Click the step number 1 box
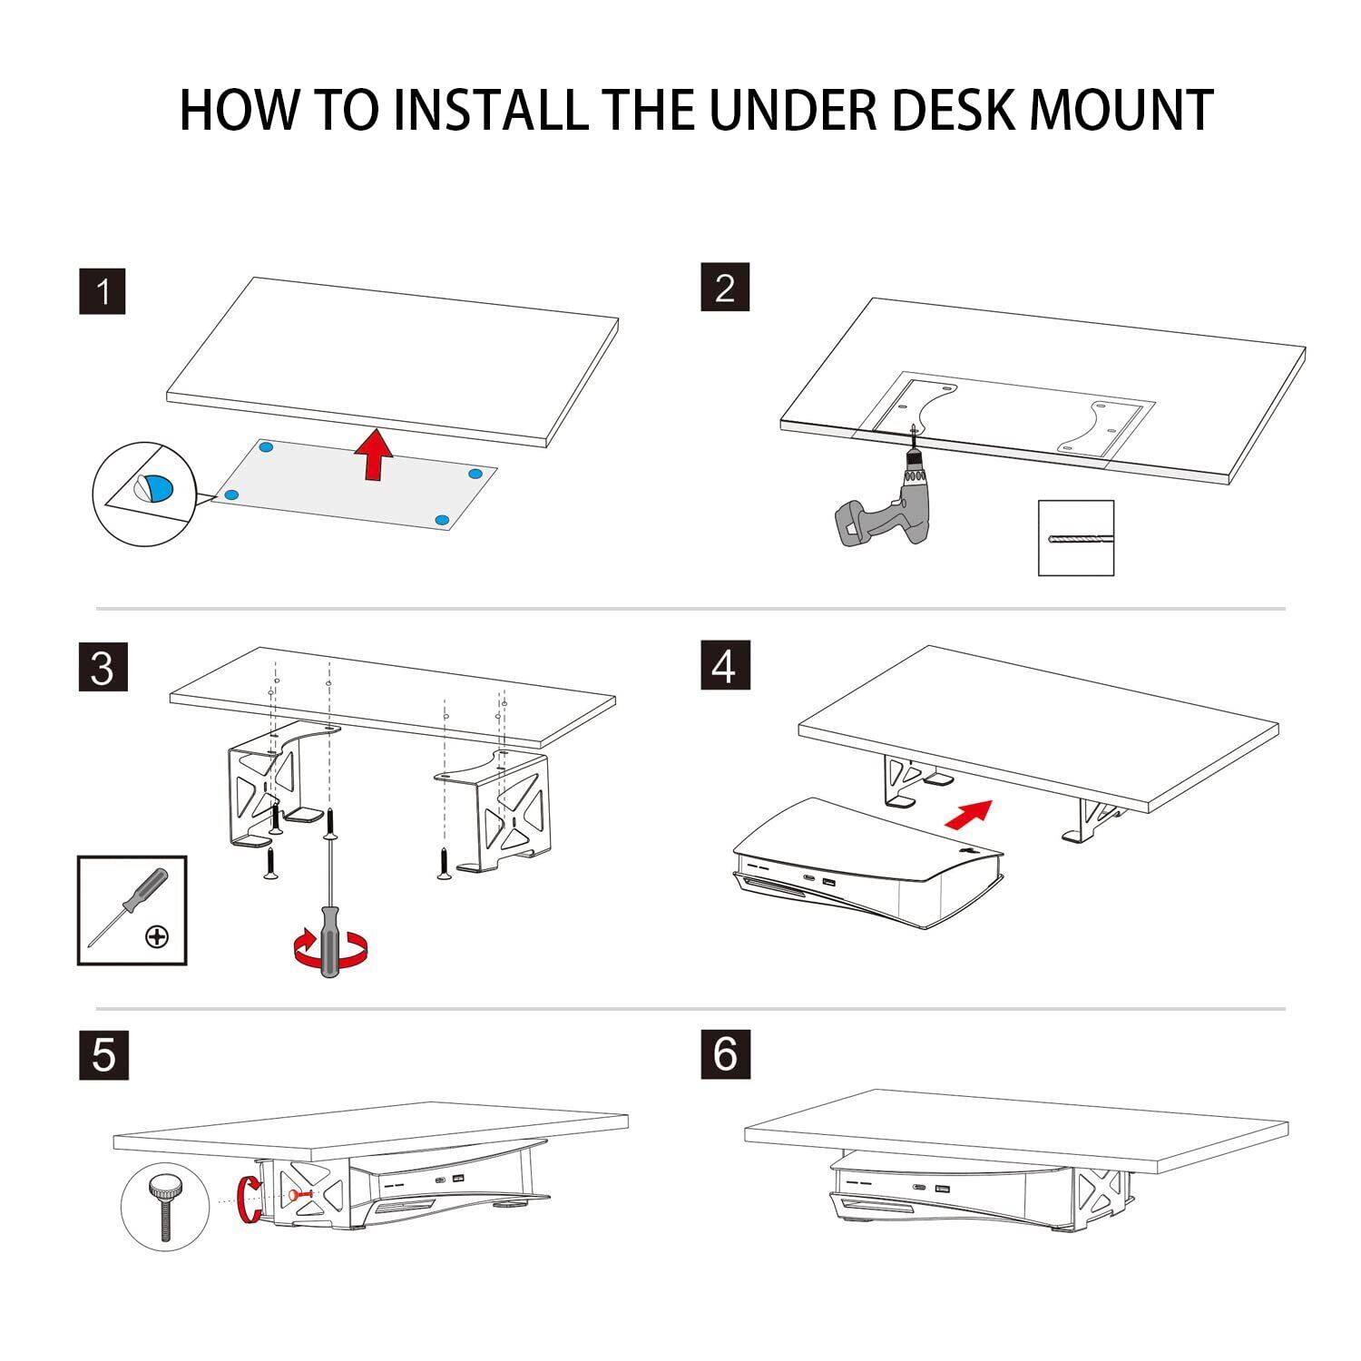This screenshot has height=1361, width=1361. [x=103, y=291]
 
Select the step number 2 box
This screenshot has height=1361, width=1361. [x=725, y=287]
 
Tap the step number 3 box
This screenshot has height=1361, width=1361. [x=103, y=667]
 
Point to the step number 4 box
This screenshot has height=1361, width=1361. [x=725, y=665]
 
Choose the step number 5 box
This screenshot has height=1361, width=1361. [x=103, y=1055]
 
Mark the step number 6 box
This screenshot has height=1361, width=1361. [x=725, y=1053]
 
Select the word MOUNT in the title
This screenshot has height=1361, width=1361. [x=1121, y=111]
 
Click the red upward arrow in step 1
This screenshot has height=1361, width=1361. [x=373, y=455]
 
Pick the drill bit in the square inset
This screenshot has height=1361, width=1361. [x=1075, y=538]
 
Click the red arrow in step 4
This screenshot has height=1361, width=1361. [x=968, y=814]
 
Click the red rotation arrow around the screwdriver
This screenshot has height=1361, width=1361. [x=331, y=949]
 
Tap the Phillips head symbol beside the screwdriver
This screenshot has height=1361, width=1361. [x=157, y=936]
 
